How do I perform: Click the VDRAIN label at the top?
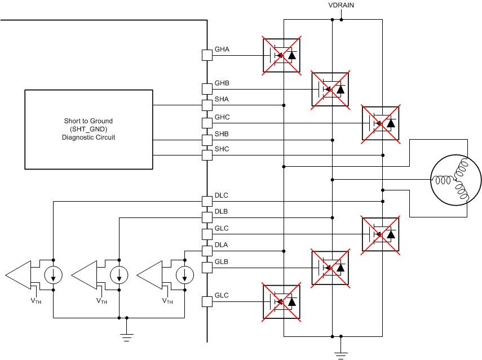pyautogui.click(x=341, y=6)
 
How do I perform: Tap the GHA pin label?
pyautogui.click(x=222, y=50)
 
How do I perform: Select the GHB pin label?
pyautogui.click(x=222, y=83)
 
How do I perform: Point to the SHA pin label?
pyautogui.click(x=222, y=99)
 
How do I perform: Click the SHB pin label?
pyautogui.click(x=222, y=134)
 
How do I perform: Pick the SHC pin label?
pyautogui.click(x=222, y=149)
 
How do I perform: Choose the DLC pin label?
pyautogui.click(x=222, y=195)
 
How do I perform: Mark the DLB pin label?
pyautogui.click(x=222, y=212)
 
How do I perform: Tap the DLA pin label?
pyautogui.click(x=222, y=245)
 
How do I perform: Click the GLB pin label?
pyautogui.click(x=222, y=262)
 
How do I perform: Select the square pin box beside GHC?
pyautogui.click(x=207, y=123)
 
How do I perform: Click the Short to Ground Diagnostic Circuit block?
pyautogui.click(x=89, y=129)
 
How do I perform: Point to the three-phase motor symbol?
pyautogui.click(x=456, y=180)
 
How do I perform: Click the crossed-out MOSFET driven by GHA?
pyautogui.click(x=281, y=55)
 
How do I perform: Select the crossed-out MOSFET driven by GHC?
pyautogui.click(x=381, y=123)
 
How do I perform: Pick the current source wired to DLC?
pyautogui.click(x=53, y=275)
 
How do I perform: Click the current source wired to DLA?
pyautogui.click(x=185, y=275)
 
